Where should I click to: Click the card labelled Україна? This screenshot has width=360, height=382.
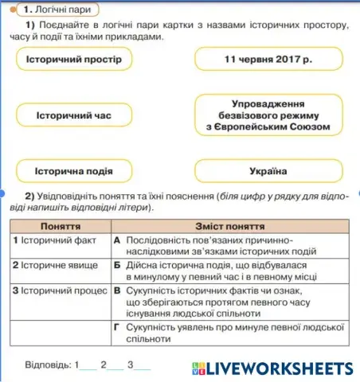tap(268, 171)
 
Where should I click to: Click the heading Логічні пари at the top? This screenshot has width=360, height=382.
tap(61, 10)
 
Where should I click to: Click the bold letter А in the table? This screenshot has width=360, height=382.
tap(117, 240)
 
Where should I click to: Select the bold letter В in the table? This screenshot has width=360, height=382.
tap(117, 290)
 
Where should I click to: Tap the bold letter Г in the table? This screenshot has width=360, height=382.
tap(117, 326)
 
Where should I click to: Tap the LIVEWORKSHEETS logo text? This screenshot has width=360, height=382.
tap(278, 368)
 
